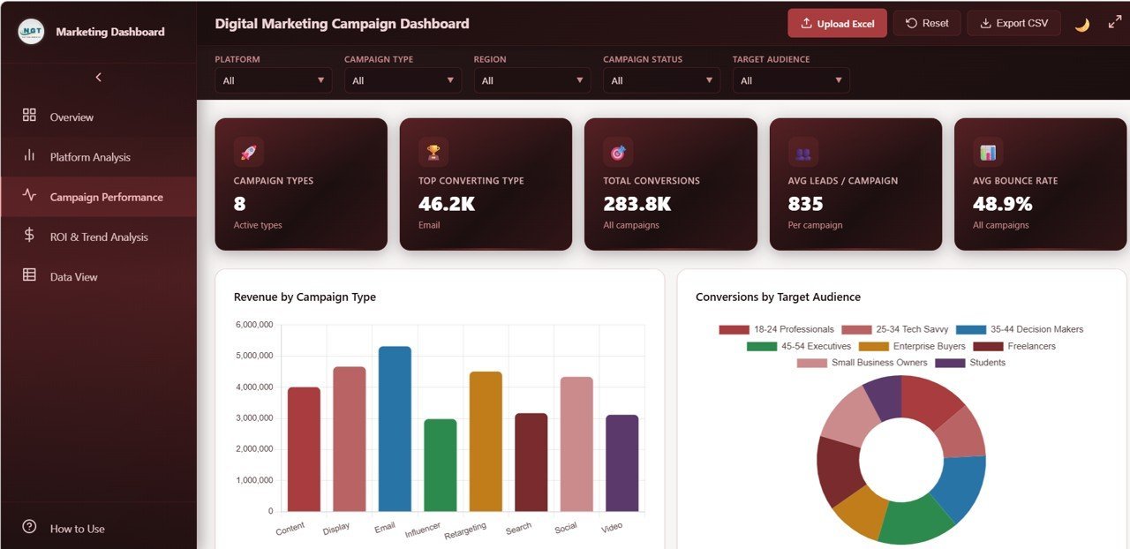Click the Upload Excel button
[x=837, y=24]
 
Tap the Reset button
[x=926, y=24]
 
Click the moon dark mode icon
[x=1081, y=25]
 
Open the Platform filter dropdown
[x=273, y=80]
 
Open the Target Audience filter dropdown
[x=790, y=80]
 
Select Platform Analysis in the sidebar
[x=89, y=157]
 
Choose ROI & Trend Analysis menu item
[x=98, y=237]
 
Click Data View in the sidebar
[x=73, y=276]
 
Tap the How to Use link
[x=77, y=529]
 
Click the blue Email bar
[x=395, y=429]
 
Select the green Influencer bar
[x=441, y=465]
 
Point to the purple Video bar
[x=621, y=463]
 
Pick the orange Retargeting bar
[x=486, y=441]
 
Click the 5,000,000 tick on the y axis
[x=254, y=356]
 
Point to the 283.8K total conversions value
[x=637, y=204]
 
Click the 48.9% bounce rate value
[x=1002, y=204]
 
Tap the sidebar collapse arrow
[x=98, y=78]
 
